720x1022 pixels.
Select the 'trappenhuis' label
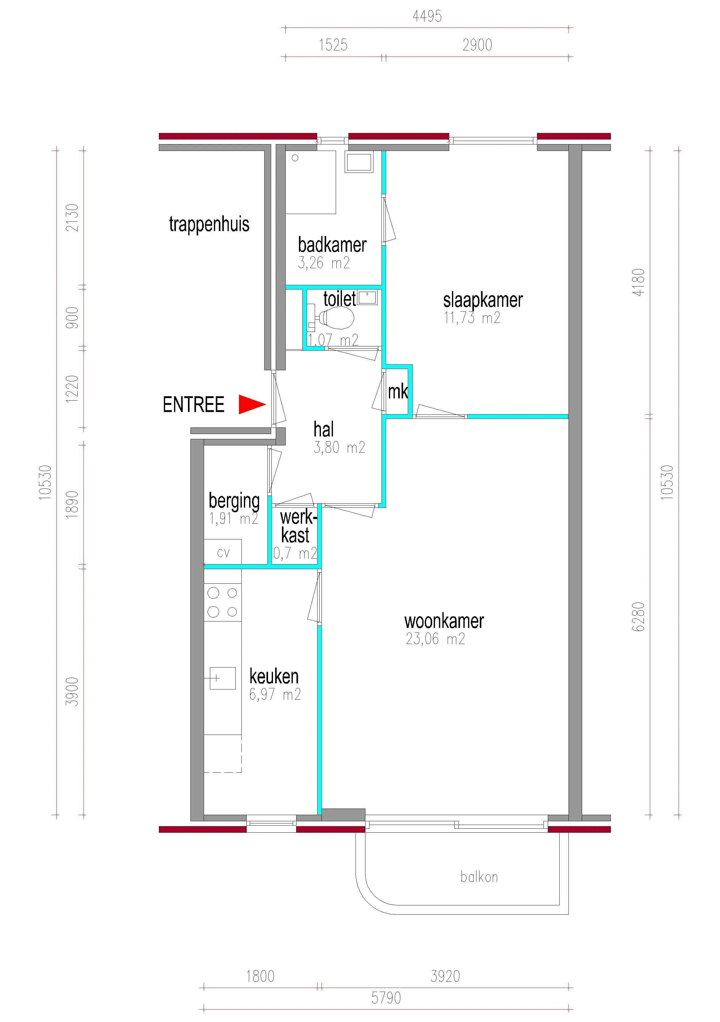(x=209, y=224)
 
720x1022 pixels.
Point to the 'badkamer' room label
(x=332, y=245)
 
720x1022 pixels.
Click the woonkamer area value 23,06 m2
(x=435, y=639)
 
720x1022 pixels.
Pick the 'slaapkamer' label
(x=483, y=300)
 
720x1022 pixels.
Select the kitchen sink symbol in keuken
(x=223, y=678)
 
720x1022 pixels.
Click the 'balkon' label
(x=479, y=877)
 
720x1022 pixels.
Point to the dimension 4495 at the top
(x=427, y=16)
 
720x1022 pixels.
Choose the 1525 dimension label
(x=333, y=45)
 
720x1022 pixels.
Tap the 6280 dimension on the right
(x=638, y=616)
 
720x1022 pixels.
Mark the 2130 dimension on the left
(x=72, y=218)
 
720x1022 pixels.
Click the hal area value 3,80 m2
(x=339, y=447)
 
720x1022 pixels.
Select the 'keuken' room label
(x=274, y=676)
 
